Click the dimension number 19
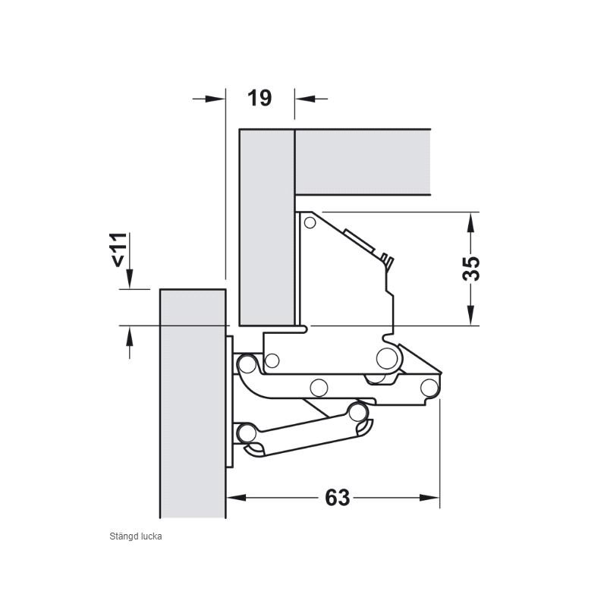[x=259, y=98]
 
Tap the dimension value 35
[x=471, y=269]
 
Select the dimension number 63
[x=337, y=498]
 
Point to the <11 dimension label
[x=119, y=250]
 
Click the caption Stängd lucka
[x=136, y=536]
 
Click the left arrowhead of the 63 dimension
[x=236, y=498]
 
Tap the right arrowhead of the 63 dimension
[x=429, y=498]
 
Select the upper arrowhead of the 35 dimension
[x=470, y=222]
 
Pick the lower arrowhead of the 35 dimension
[x=470, y=316]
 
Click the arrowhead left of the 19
[x=215, y=99]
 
